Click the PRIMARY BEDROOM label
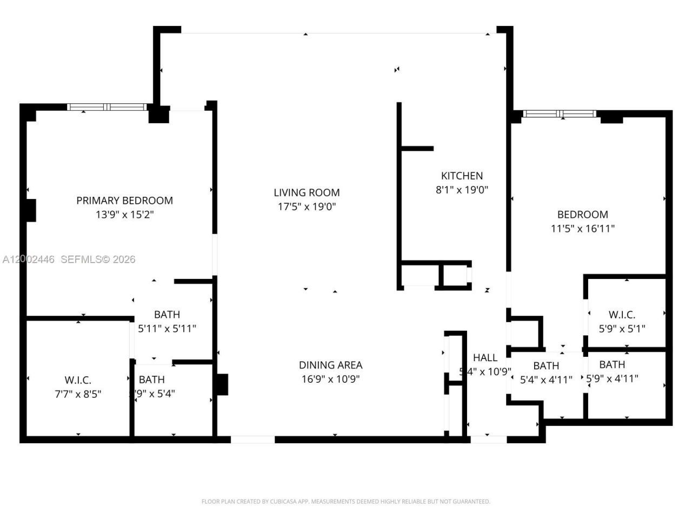pos(124,201)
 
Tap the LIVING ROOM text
pos(307,192)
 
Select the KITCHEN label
pos(462,176)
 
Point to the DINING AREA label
pos(330,365)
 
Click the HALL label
pos(485,357)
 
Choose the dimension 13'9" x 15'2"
pos(124,215)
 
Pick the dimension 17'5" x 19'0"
pos(307,207)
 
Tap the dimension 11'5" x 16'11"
pos(582,228)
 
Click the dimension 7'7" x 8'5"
pos(78,394)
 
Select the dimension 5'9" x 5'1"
pos(622,328)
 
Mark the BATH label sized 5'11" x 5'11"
pos(167,315)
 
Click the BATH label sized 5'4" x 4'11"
pos(545,366)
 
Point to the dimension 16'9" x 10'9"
pos(330,379)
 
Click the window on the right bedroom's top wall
pos(560,114)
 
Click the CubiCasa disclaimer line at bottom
pos(345,502)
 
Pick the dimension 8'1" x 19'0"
pos(462,190)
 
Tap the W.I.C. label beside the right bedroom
pos(622,315)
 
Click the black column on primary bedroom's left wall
pos(31,210)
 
